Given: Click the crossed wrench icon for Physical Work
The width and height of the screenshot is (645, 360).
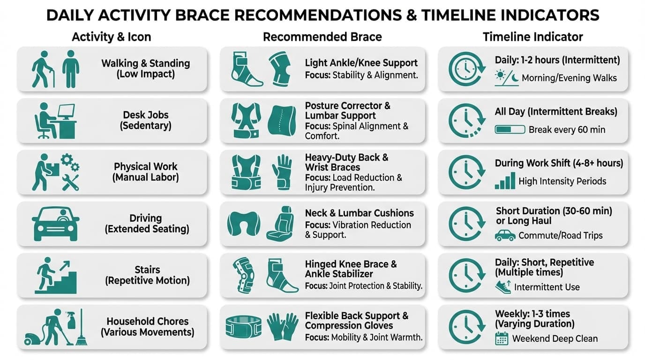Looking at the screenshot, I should coord(71,182).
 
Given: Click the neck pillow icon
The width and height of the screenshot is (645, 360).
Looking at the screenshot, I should coord(243,224).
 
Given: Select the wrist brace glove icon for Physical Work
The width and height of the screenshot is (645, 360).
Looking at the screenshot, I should coord(282,172).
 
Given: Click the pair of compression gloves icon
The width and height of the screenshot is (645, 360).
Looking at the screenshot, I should coord(283,327).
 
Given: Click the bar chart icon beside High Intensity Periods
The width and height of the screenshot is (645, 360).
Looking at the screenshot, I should coord(505,181).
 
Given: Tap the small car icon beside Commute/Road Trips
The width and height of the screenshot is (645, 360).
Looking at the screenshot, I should coord(505,235).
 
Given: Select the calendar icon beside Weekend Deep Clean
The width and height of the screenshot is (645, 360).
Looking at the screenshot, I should coord(502,338).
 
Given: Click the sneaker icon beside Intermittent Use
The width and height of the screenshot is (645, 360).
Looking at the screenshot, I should coord(503,287).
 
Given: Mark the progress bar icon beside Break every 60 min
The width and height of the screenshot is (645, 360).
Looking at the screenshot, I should coord(510,129).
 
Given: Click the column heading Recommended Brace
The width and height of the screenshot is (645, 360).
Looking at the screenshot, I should coord(322,37).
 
